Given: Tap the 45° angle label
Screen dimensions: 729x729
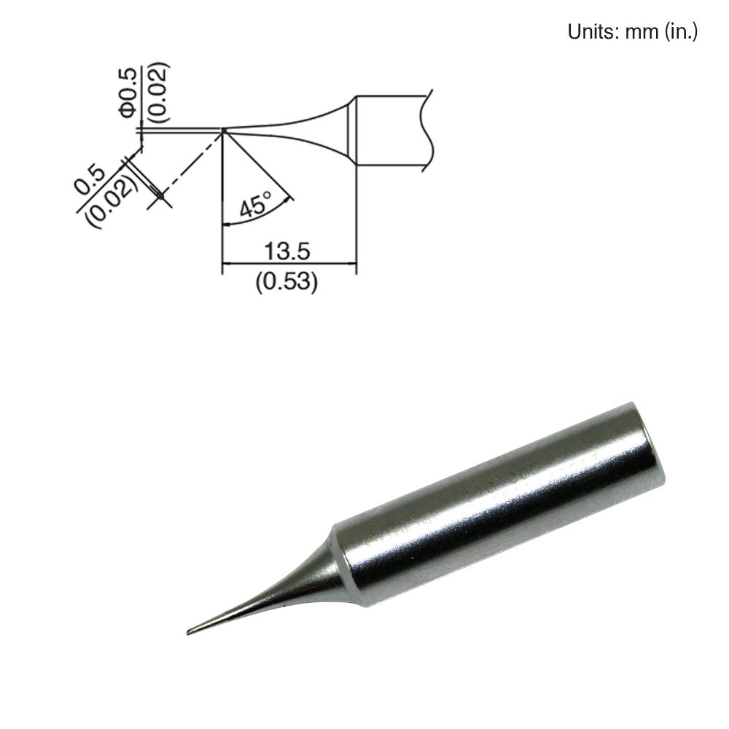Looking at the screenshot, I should point(254,204).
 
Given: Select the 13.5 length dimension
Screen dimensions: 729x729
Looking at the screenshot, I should point(288,251).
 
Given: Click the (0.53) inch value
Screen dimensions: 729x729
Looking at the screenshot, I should point(287,281).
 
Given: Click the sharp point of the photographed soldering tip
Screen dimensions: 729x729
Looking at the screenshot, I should point(190,631).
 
